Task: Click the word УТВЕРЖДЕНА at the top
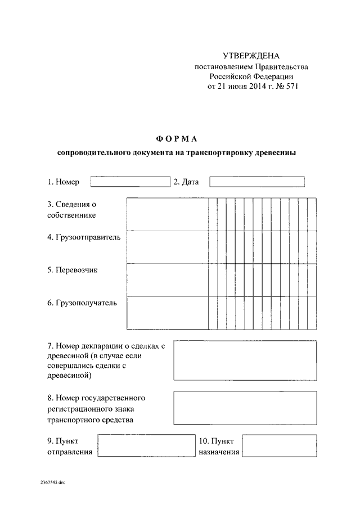point(251,56)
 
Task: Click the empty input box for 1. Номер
point(130,182)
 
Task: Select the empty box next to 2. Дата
point(256,182)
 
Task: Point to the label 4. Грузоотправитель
point(84,237)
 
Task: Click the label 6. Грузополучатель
point(82,303)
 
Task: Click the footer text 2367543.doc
point(53,483)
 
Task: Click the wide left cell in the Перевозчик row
point(167,280)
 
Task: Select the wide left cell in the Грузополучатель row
point(167,312)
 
